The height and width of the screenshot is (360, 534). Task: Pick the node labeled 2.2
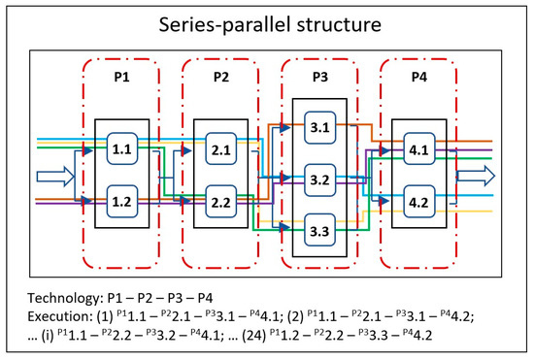click(220, 201)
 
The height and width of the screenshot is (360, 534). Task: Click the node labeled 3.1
click(319, 125)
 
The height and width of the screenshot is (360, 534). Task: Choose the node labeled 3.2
click(319, 179)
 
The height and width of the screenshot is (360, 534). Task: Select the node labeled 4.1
click(418, 150)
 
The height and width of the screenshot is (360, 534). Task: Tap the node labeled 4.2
click(418, 202)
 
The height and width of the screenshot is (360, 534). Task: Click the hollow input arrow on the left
click(52, 177)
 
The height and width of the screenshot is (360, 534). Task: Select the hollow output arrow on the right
click(477, 177)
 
